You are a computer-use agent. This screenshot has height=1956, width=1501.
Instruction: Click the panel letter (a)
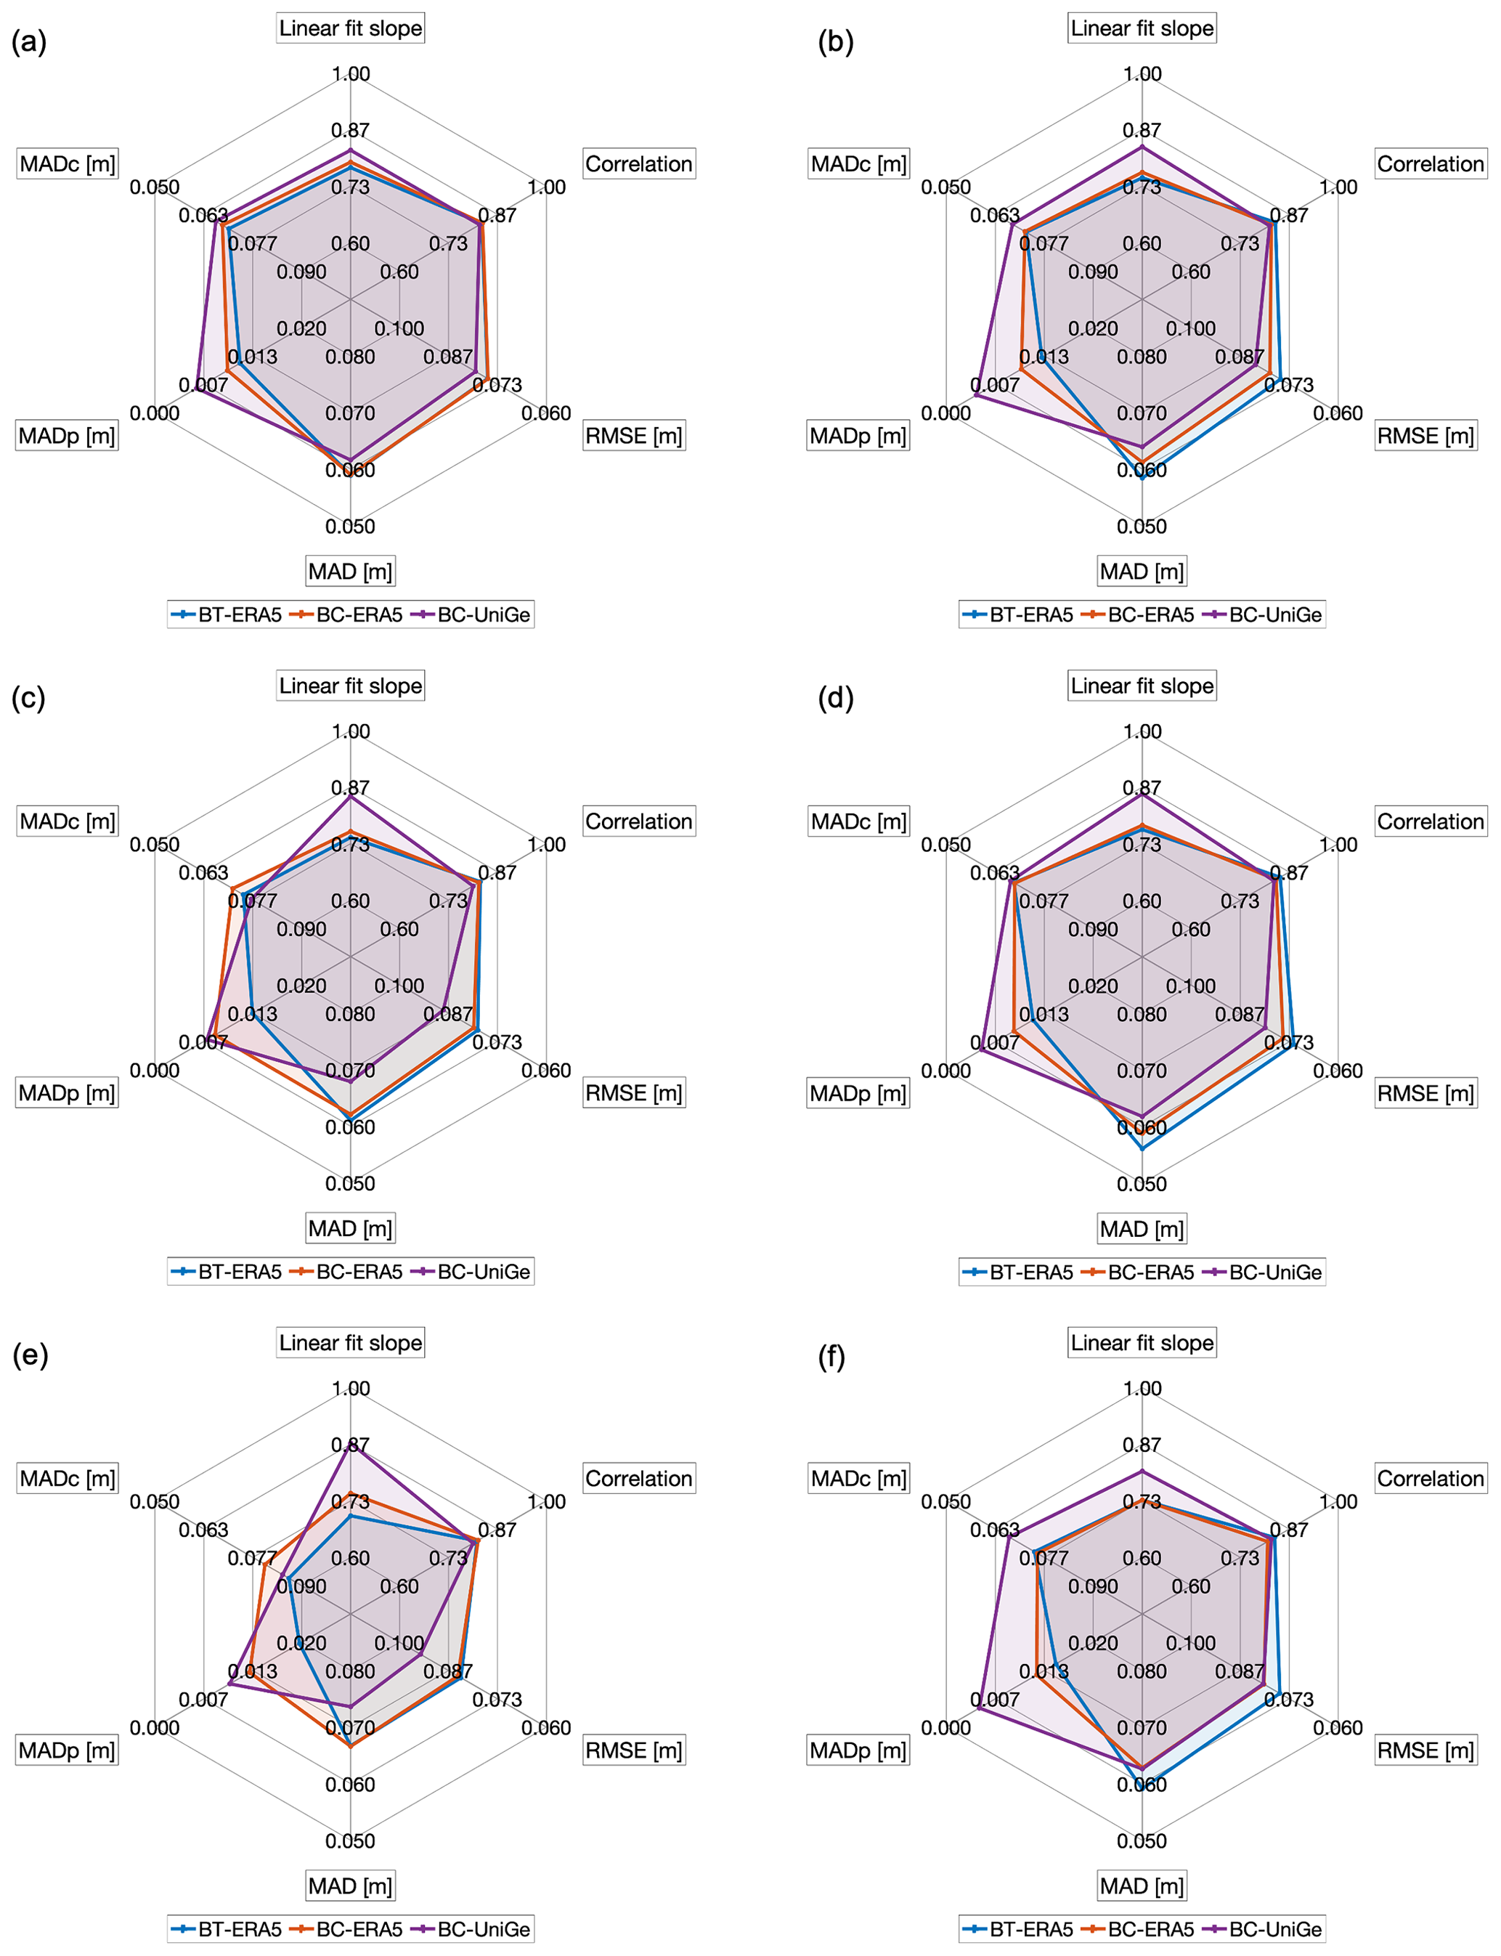coord(28,42)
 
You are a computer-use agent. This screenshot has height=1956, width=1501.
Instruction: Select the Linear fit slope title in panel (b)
coord(1142,28)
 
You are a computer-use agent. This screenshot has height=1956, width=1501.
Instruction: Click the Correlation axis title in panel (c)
coord(639,821)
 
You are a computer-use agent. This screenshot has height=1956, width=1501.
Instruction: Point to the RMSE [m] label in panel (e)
coord(633,1750)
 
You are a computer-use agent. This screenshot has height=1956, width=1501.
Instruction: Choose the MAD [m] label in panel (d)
coord(1142,1229)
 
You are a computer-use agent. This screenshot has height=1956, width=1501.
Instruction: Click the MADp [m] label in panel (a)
coord(67,436)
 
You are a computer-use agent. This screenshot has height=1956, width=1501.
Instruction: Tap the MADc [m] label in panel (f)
coord(858,1478)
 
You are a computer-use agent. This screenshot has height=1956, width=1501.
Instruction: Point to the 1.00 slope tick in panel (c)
coord(350,731)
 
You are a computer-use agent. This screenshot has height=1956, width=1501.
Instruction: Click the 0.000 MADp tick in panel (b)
coord(946,413)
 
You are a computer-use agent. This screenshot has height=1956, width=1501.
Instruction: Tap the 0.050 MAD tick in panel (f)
coord(1142,1841)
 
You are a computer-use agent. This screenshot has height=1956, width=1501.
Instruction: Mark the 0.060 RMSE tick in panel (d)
coord(1338,1071)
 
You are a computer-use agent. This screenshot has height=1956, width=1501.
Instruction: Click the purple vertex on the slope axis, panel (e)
coord(350,1440)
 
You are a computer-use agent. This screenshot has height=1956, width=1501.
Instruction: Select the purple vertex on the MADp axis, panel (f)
coord(979,1708)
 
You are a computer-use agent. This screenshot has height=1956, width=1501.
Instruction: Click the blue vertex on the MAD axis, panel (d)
coord(1142,1148)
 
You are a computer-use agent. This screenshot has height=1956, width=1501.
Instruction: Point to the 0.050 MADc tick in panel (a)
coord(155,187)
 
